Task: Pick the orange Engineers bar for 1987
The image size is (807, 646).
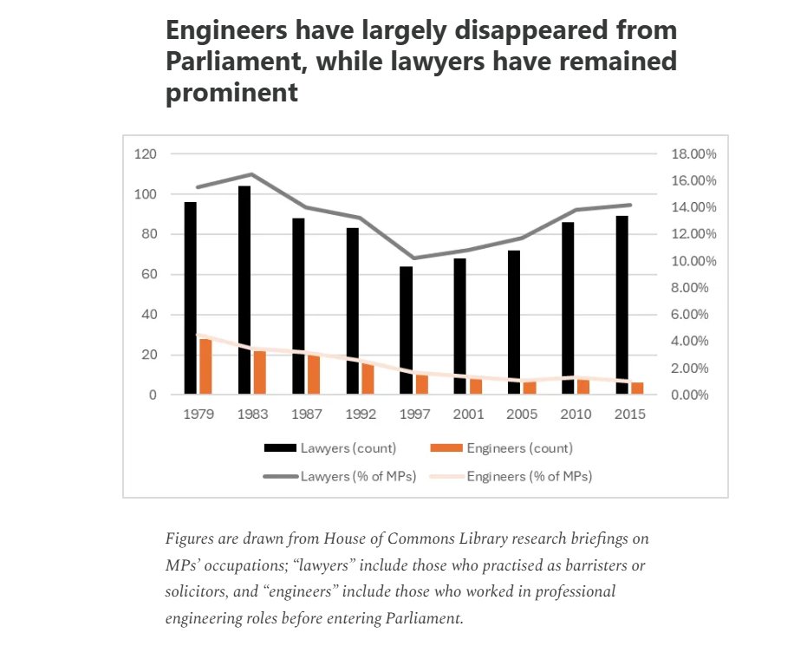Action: tap(313, 374)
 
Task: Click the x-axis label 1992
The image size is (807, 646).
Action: tap(361, 414)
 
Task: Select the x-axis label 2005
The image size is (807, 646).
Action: tap(523, 414)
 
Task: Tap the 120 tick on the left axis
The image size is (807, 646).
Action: tap(145, 154)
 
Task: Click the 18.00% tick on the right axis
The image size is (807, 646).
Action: tap(693, 154)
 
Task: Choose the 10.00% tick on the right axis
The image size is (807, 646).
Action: tap(693, 261)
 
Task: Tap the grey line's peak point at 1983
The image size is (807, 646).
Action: tap(251, 174)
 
